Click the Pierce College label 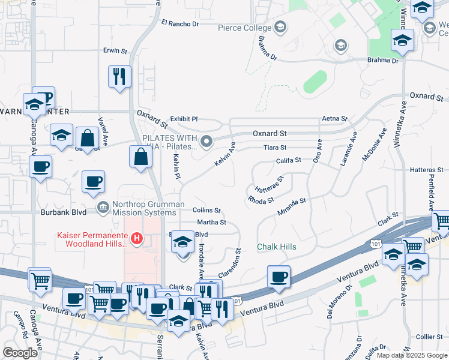click(x=244, y=27)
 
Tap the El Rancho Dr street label click(x=180, y=24)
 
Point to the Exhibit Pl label click(x=184, y=119)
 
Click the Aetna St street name click(x=335, y=119)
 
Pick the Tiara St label click(x=276, y=148)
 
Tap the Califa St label click(x=288, y=161)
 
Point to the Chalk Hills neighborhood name click(x=277, y=247)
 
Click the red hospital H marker click(x=137, y=239)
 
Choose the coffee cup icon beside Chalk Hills click(x=279, y=277)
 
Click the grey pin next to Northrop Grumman click(x=103, y=208)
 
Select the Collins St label click(x=207, y=211)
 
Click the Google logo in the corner click(x=20, y=353)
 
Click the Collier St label click(x=429, y=337)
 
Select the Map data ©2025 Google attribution click(x=412, y=355)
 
